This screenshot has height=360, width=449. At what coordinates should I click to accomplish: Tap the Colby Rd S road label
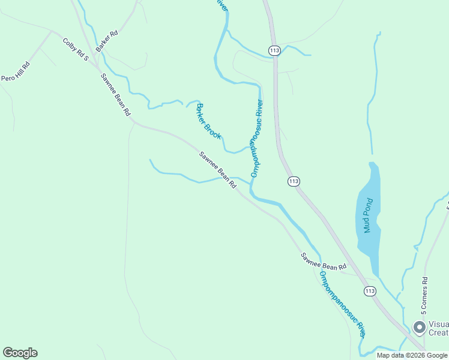(76, 50)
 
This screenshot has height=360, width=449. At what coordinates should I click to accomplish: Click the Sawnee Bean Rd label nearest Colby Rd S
(115, 93)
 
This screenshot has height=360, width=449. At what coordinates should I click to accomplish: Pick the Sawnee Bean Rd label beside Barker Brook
(218, 170)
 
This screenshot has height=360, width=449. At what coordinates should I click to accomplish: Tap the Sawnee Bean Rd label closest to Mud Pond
(324, 261)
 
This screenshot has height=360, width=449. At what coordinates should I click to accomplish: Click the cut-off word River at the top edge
(222, 5)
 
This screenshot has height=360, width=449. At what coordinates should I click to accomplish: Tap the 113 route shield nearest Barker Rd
(274, 50)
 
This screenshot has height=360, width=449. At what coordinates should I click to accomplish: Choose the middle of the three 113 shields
(294, 181)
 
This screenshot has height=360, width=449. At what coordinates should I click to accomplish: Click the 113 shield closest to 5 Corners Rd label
(370, 291)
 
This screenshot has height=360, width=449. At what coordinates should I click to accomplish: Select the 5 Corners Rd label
(424, 295)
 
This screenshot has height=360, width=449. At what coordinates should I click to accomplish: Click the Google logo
(20, 353)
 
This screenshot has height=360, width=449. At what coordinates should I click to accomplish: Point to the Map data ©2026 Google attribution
(412, 355)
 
